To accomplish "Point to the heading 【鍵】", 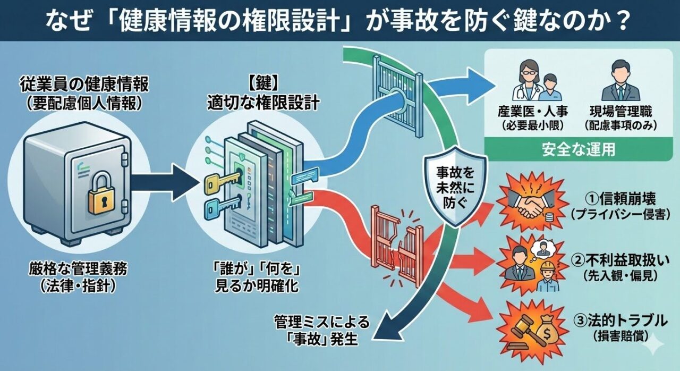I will (x=262, y=83).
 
